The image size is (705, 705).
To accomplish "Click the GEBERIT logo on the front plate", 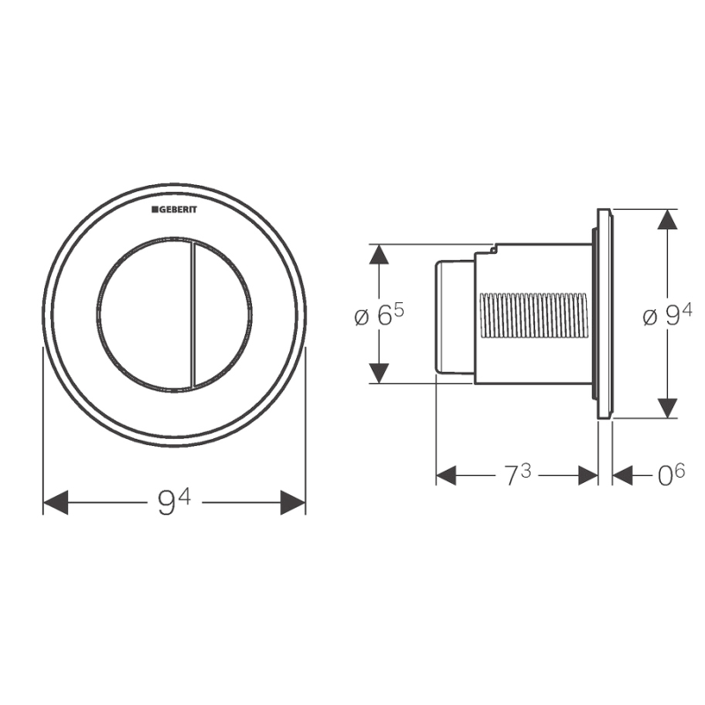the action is (174, 210).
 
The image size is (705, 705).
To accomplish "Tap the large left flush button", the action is (144, 314).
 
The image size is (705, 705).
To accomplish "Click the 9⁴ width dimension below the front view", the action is (174, 501).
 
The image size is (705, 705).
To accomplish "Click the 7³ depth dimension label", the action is (517, 475).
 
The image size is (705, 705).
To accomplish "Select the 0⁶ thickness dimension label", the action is (671, 475).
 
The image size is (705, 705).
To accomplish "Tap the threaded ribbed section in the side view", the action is (534, 315).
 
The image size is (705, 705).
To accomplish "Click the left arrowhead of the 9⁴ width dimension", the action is (56, 502).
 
